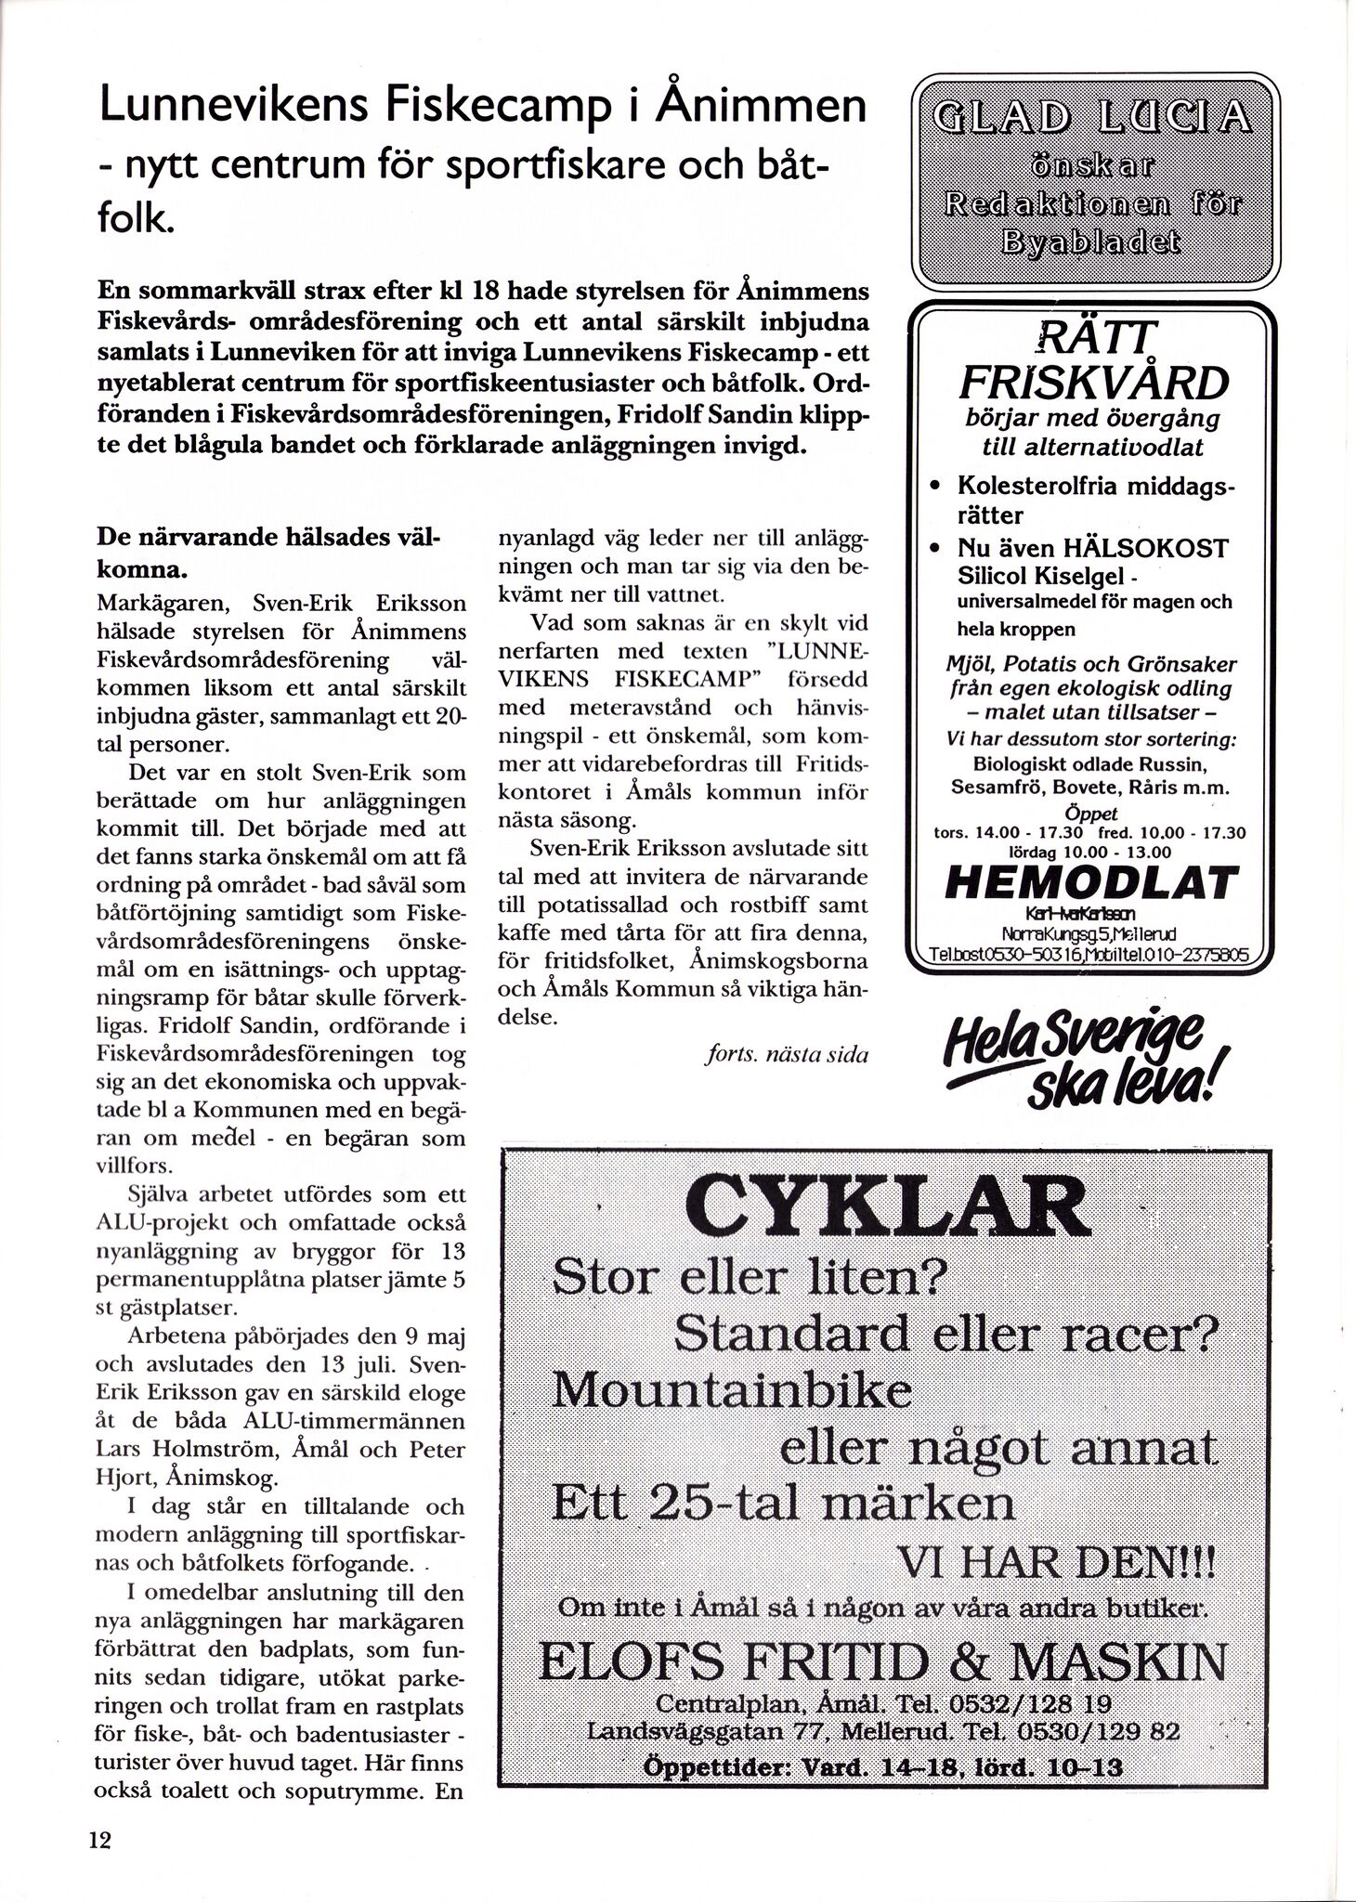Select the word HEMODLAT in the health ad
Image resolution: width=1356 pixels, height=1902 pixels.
pyautogui.click(x=1090, y=882)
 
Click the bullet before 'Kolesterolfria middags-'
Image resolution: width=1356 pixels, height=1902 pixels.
pyautogui.click(x=937, y=486)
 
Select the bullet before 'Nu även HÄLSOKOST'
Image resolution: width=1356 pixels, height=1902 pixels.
pyautogui.click(x=937, y=548)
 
